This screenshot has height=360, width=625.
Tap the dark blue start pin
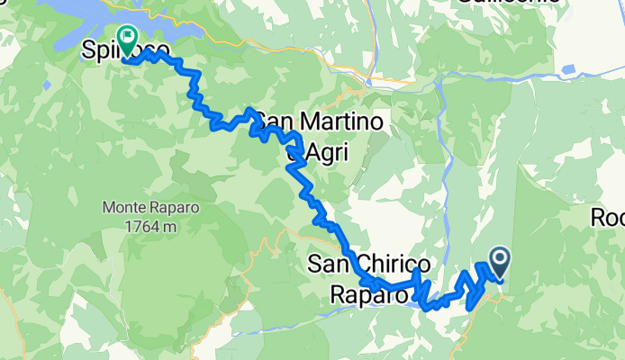click(x=497, y=263)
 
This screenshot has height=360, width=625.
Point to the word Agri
click(x=324, y=154)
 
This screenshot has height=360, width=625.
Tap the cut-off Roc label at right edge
click(x=607, y=218)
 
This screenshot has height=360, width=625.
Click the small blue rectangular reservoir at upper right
click(x=568, y=69)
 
